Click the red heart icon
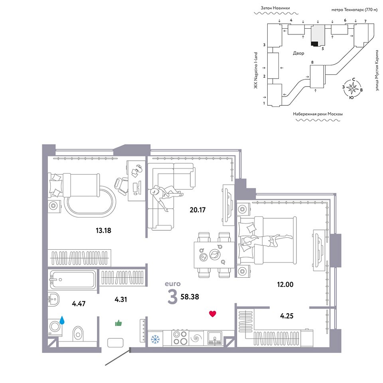213,314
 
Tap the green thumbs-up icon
118,323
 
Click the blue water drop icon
62,320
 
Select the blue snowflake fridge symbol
155,339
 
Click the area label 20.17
197,209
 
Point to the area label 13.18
103,230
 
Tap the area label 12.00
285,284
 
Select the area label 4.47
79,304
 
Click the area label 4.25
286,316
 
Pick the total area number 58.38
190,297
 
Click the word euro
173,284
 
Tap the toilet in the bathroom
78,334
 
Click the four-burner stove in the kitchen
180,338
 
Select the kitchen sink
215,338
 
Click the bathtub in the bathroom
73,279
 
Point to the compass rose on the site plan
352,88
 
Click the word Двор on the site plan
298,53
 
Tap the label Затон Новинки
275,8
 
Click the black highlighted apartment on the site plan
314,44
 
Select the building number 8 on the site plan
312,62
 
